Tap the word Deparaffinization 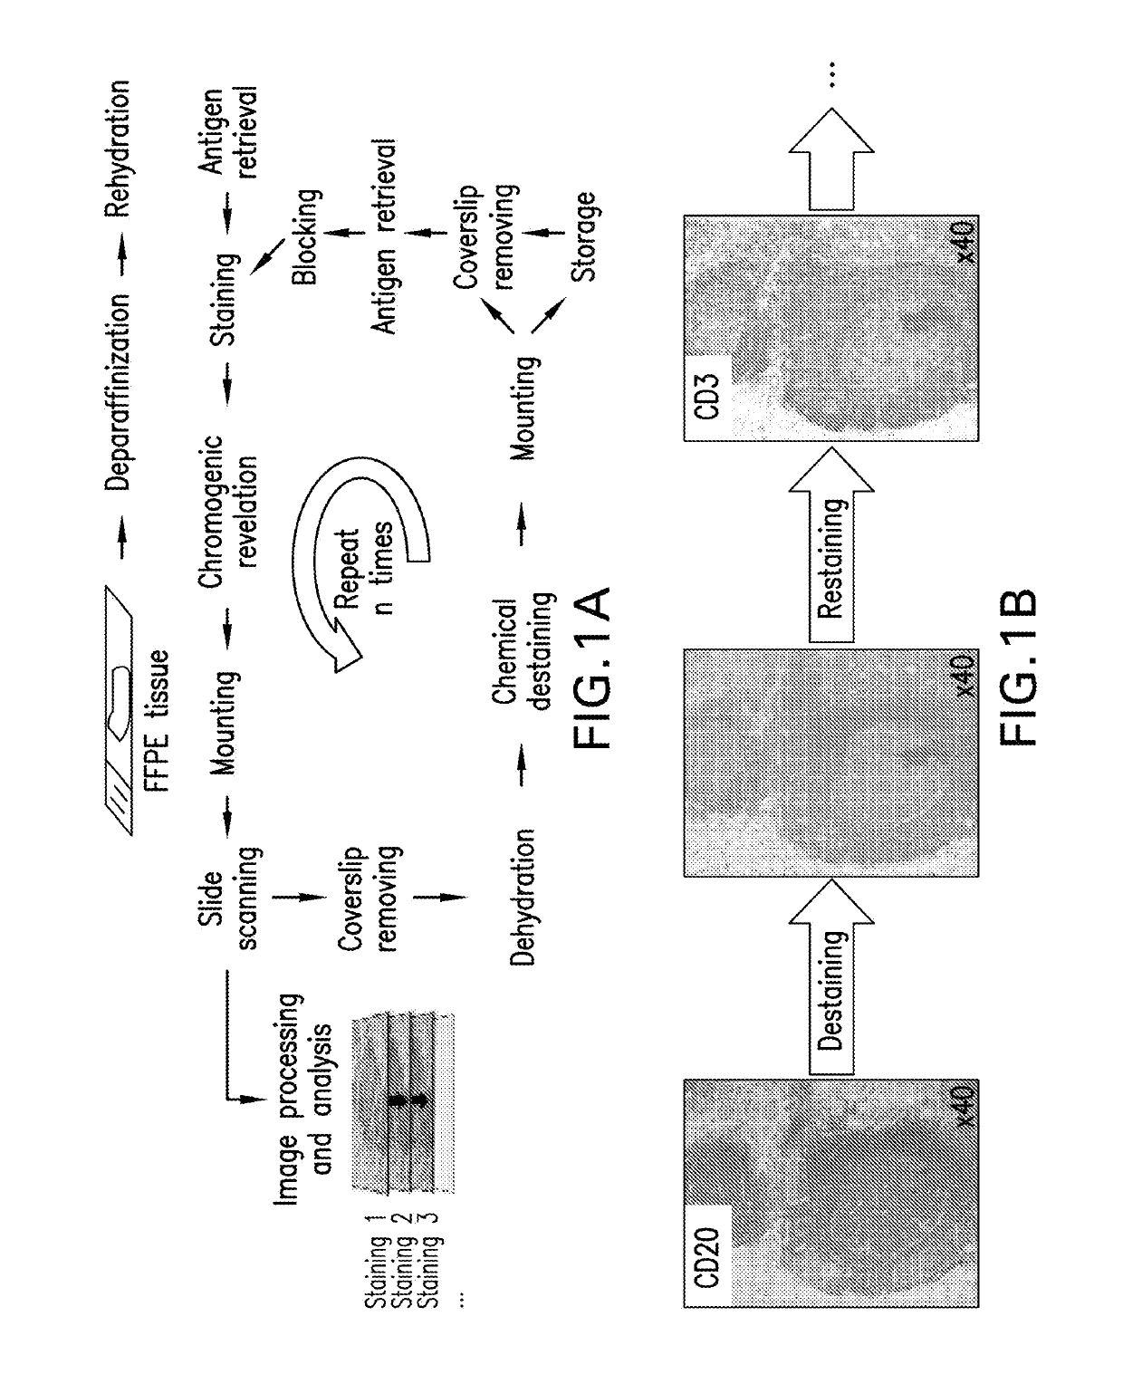[119, 391]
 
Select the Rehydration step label [119, 149]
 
